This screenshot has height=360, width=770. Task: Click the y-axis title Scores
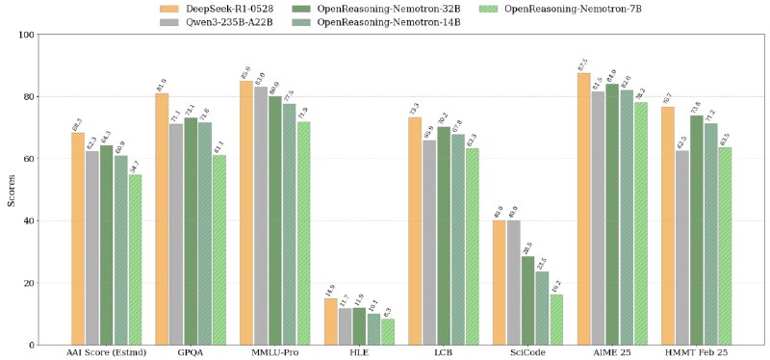click(x=12, y=190)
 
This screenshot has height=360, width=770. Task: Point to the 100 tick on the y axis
click(x=25, y=35)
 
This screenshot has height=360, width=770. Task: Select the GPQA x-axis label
click(x=191, y=353)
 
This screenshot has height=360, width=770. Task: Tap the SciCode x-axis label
click(x=527, y=353)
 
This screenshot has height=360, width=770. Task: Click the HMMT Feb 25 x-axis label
click(x=696, y=353)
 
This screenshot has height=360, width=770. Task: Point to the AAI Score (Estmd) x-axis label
click(x=106, y=353)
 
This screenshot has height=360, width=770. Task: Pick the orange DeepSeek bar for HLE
click(x=330, y=321)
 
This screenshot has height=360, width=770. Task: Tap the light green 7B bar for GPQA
click(x=218, y=249)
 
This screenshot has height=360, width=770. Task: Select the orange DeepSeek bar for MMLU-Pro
click(x=246, y=213)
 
